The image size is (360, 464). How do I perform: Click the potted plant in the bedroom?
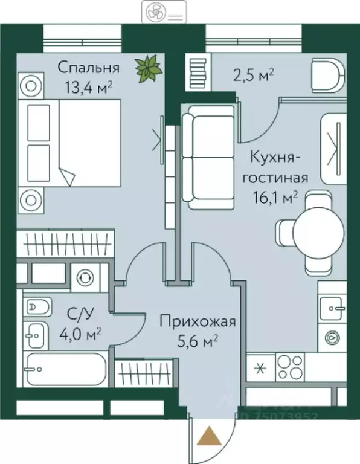click(x=148, y=68)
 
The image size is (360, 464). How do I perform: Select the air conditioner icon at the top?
click(x=162, y=11)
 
